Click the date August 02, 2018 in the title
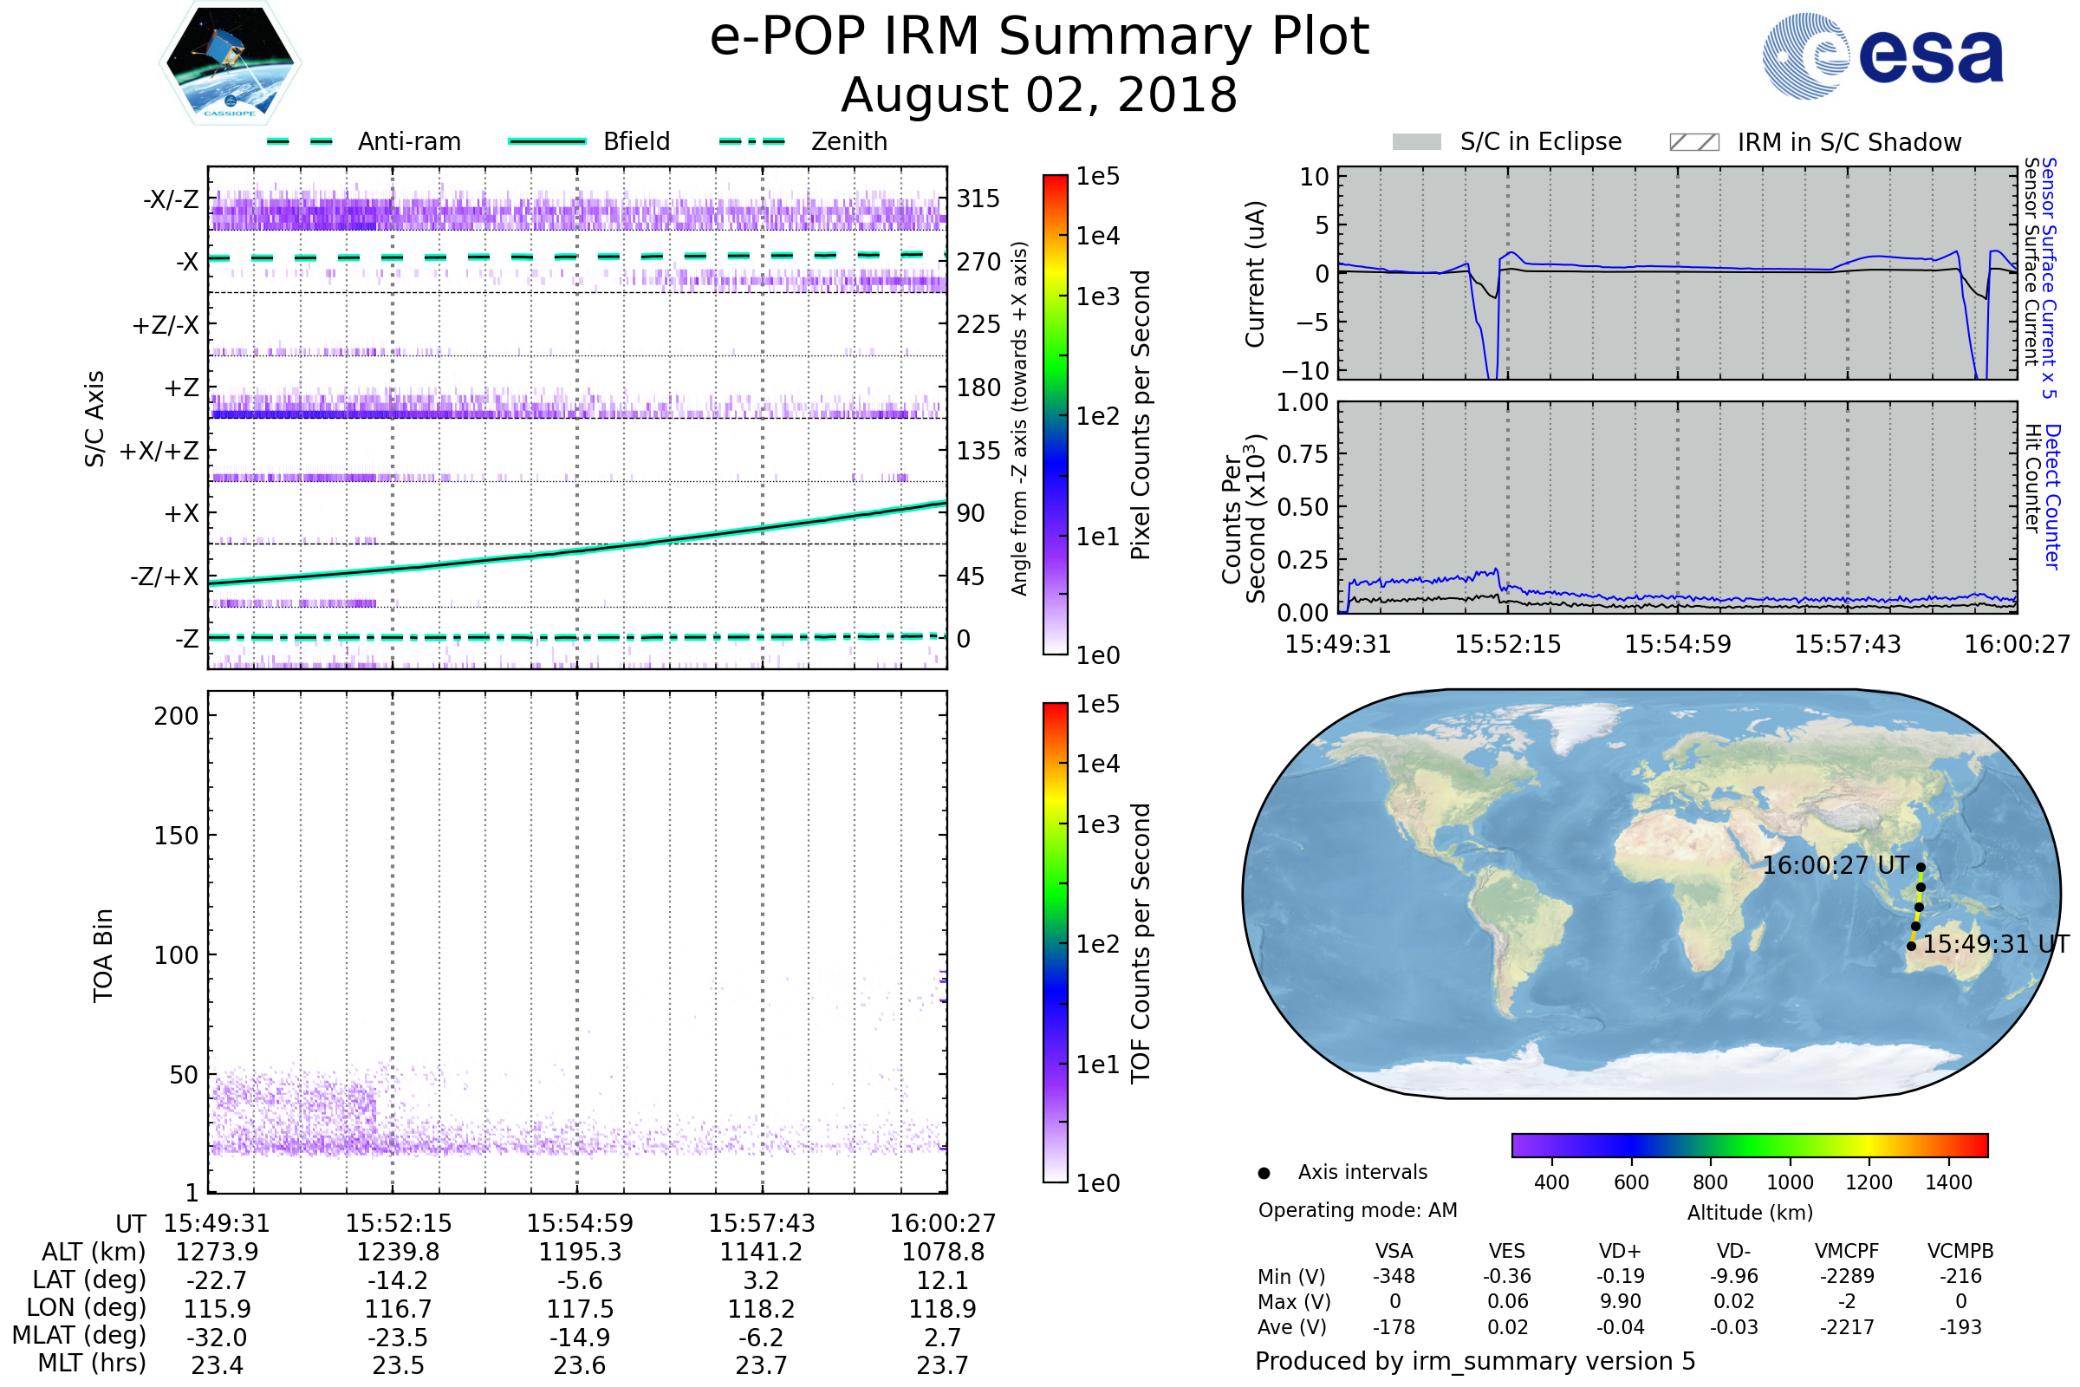click(1039, 95)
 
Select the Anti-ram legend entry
click(408, 141)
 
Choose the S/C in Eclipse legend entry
click(1540, 141)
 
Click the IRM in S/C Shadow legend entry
click(1849, 142)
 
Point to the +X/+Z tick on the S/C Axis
click(159, 451)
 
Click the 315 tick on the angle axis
click(978, 199)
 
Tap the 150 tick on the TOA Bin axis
click(176, 836)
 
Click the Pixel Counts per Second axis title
click(1141, 415)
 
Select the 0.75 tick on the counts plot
click(1303, 454)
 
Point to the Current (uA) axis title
click(1255, 274)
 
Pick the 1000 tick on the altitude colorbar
click(1789, 1182)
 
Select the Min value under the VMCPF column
click(1847, 1276)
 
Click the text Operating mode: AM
click(1356, 1210)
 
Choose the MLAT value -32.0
click(217, 1338)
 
